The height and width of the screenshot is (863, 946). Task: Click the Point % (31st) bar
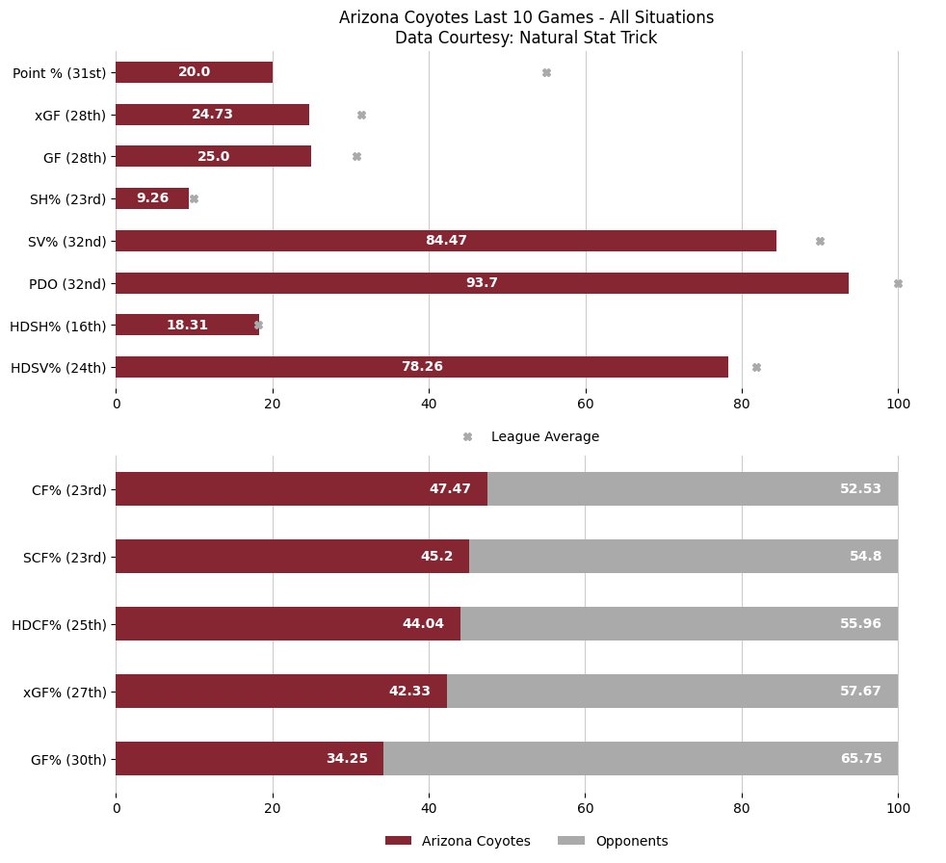coord(194,72)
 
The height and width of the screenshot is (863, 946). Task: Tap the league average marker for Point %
coord(546,72)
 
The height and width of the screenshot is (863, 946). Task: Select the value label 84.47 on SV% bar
coord(446,241)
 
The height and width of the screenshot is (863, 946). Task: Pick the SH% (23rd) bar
coord(152,198)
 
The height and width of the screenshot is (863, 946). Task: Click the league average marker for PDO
coord(898,283)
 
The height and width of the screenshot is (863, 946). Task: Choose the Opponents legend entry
coord(631,841)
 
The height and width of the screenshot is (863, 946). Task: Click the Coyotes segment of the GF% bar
coord(250,758)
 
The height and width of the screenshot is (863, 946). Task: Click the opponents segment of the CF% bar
coord(693,488)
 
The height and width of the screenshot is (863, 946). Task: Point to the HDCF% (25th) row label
coord(59,624)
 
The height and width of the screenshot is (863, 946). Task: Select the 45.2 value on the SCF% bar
coord(440,557)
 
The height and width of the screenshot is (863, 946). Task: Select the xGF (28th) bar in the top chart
coord(212,115)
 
